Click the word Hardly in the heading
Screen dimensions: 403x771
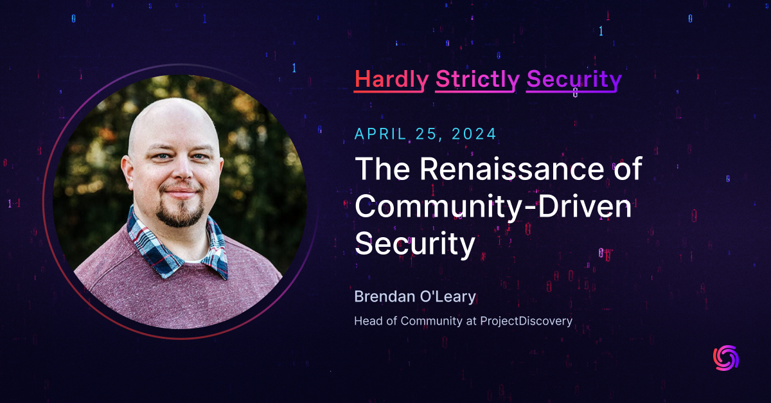(391, 79)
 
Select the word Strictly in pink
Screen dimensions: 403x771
(477, 79)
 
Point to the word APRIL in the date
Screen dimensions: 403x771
(380, 134)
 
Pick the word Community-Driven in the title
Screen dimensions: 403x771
(493, 207)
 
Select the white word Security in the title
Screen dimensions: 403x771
(415, 245)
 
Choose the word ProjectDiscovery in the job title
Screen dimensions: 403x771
(526, 321)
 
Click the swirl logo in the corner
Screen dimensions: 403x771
(726, 358)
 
